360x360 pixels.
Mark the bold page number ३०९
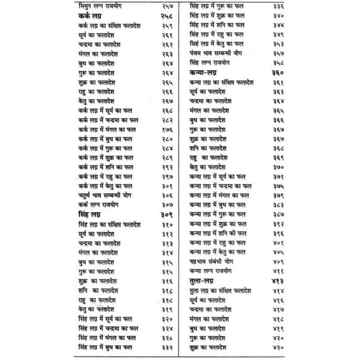pos(160,215)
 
